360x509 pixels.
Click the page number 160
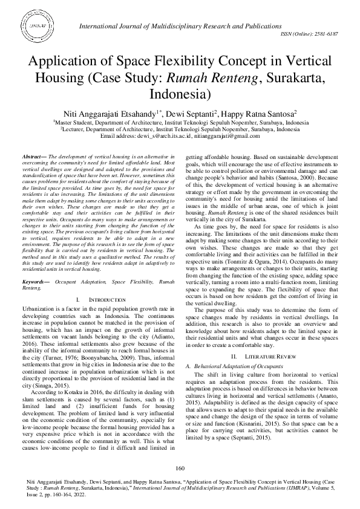click(180, 468)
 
